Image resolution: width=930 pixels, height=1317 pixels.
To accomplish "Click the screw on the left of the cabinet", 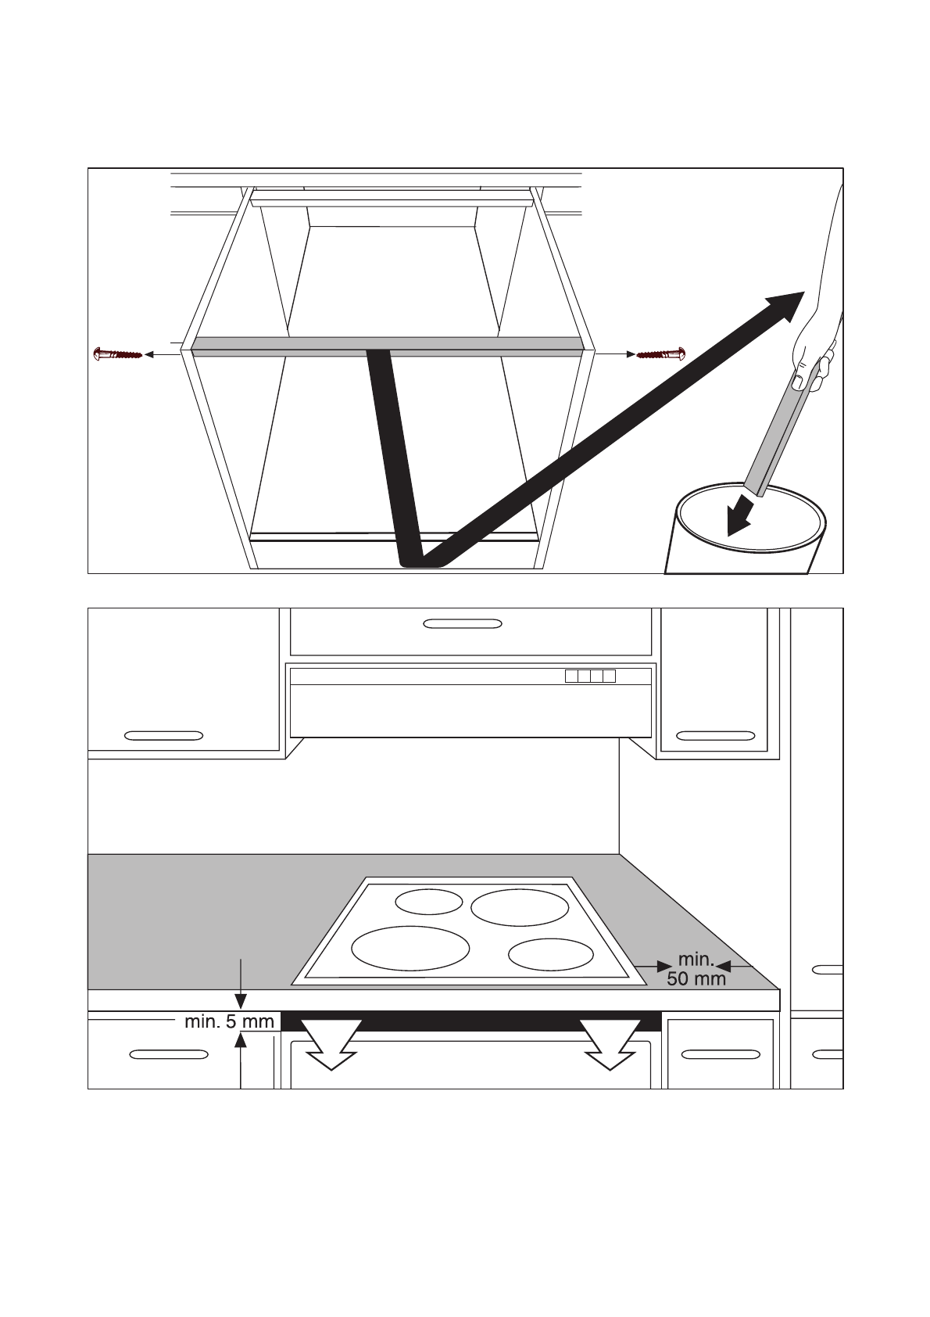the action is [117, 354].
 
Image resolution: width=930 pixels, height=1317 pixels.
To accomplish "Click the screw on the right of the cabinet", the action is [661, 354].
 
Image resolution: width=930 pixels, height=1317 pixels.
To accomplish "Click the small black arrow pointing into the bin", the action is [739, 517].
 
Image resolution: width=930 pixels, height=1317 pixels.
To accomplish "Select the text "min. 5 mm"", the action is [229, 1021].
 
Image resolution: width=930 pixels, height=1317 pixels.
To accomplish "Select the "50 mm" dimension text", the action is [696, 978].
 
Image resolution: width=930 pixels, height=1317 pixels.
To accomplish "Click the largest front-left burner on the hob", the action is [410, 948].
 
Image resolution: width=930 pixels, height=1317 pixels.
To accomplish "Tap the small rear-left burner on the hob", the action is [428, 901].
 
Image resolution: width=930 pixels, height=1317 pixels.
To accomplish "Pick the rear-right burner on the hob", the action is [520, 907].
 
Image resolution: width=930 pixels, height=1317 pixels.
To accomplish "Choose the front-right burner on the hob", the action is [550, 955].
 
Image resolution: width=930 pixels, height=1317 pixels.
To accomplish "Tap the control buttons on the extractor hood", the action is [590, 676].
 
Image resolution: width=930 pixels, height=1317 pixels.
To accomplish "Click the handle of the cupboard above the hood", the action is [462, 623].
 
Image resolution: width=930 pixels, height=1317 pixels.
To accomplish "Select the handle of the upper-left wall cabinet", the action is [163, 736].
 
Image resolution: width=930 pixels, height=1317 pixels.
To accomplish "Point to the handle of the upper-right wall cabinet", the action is [715, 736].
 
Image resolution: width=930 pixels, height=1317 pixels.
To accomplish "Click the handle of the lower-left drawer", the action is [169, 1054].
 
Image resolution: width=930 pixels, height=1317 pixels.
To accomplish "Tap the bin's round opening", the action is [752, 519].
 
